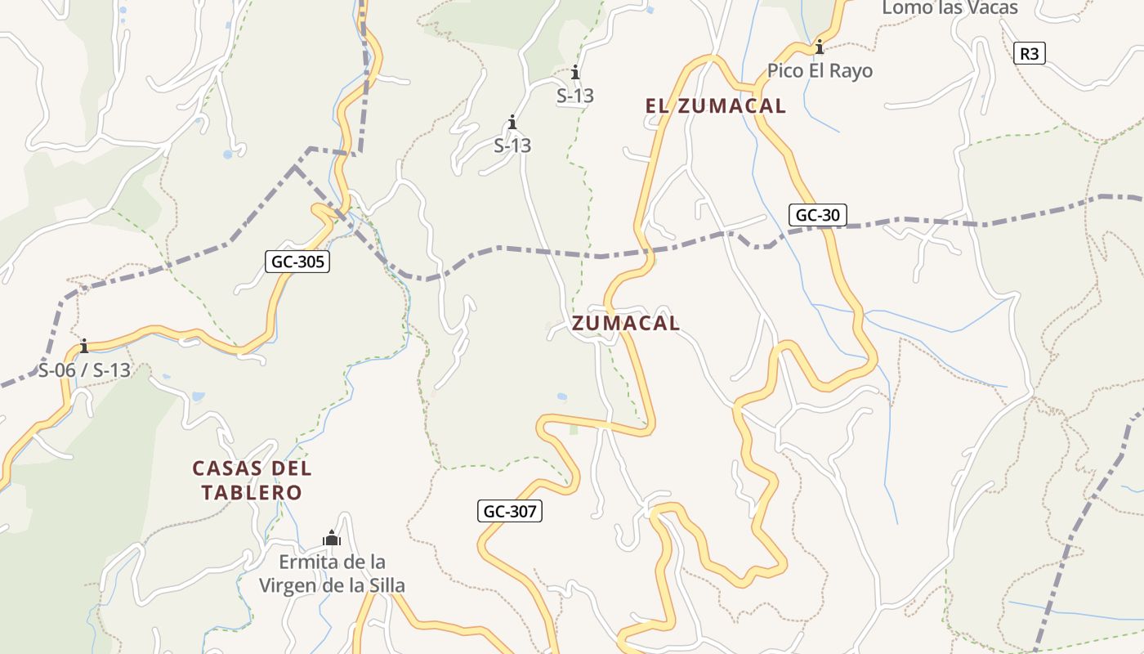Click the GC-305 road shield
297,262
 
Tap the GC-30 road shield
818,215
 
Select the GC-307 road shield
510,512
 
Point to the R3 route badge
1030,54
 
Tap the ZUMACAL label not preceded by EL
626,324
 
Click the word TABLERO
252,493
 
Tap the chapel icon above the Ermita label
332,538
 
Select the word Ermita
308,562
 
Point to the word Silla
383,586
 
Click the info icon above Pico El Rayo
819,47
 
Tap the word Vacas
991,8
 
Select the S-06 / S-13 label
84,370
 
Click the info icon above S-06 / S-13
83,346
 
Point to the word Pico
784,71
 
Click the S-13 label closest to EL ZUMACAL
575,96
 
